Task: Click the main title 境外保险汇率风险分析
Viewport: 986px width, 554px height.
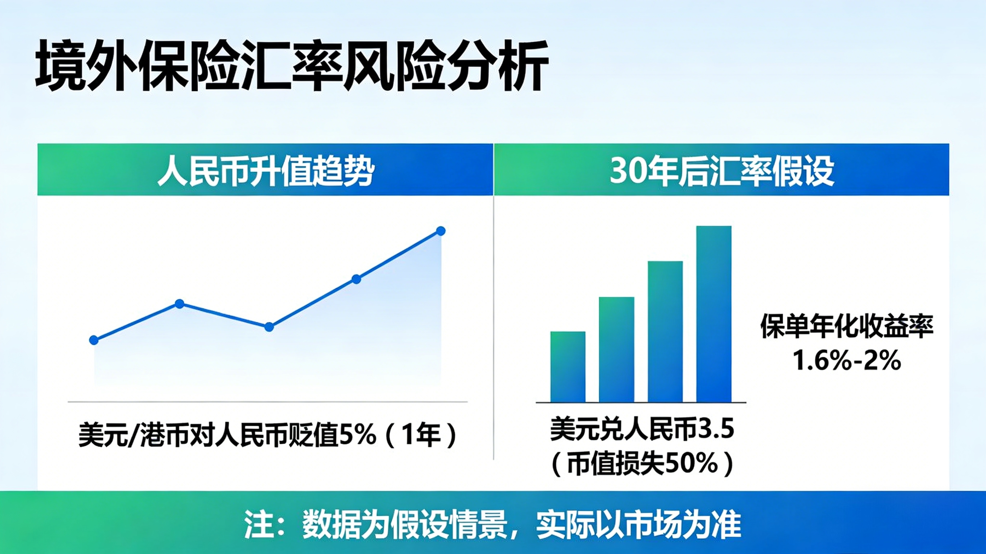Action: (292, 66)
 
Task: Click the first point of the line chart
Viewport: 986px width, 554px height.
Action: (94, 340)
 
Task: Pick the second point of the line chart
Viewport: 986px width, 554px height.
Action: (180, 304)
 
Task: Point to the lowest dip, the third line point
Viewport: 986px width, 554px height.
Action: (269, 327)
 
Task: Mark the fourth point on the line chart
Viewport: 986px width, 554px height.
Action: (356, 279)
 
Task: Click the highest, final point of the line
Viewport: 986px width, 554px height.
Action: (441, 231)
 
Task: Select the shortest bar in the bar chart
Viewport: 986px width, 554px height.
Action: (568, 367)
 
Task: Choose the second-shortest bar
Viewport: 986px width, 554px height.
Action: (617, 349)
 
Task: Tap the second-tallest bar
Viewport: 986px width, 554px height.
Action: (665, 331)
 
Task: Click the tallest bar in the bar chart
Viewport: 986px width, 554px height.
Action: (714, 314)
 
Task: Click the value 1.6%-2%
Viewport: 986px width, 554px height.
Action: (846, 361)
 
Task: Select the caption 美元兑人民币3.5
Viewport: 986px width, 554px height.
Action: (642, 429)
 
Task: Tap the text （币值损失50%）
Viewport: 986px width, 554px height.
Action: (642, 464)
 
